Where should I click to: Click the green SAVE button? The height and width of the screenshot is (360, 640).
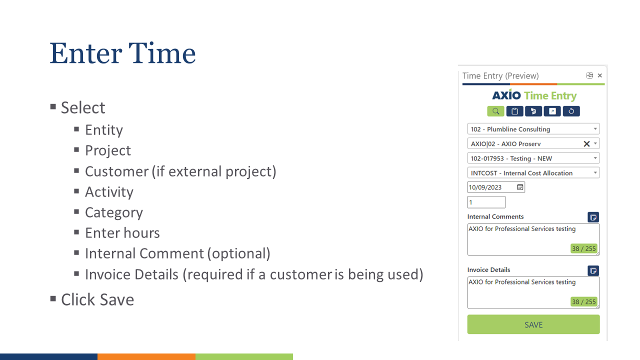coord(533,324)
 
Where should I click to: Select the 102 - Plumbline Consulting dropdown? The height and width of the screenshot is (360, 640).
coord(533,129)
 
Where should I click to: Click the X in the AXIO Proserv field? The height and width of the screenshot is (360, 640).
coord(586,144)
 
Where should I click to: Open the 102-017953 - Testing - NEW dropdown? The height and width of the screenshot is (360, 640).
coord(533,158)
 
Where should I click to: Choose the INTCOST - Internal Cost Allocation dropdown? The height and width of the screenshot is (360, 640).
coord(533,173)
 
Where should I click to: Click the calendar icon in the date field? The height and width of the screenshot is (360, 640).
coord(520,187)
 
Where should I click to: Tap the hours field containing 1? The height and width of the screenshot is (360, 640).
coord(486,202)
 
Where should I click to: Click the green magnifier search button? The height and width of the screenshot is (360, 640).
coord(495,111)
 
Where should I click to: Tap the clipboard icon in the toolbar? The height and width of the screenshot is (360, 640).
coord(514,111)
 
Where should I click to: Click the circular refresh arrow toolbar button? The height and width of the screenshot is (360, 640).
coord(571,111)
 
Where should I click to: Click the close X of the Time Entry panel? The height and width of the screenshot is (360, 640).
coord(600,75)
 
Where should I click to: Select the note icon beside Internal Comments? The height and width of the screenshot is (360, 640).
coord(593,217)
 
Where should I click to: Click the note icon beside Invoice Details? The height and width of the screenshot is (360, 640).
coord(593,270)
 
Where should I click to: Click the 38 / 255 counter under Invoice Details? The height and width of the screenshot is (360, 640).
coord(584,302)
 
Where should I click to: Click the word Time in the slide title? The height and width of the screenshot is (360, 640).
coord(162,53)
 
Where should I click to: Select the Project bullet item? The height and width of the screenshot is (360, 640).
coord(107,150)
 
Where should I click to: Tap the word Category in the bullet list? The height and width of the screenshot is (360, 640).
coord(113,212)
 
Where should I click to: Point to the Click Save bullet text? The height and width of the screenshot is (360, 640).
coord(97,299)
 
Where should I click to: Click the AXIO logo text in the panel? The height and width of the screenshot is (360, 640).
coord(506,95)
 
